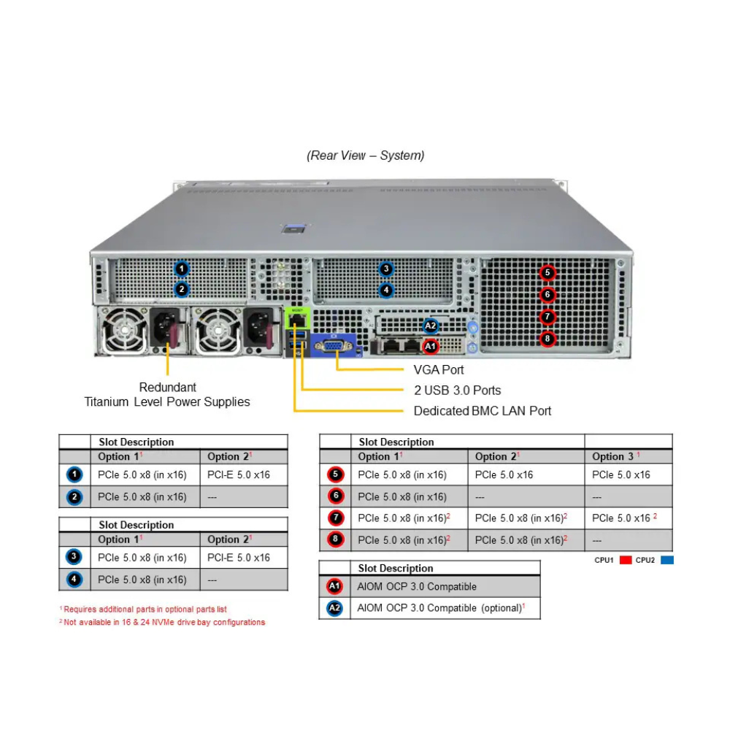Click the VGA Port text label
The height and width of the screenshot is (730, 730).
[x=439, y=369]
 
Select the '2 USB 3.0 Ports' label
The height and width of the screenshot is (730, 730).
[x=457, y=390]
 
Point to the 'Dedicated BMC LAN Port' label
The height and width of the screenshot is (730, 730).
[x=483, y=411]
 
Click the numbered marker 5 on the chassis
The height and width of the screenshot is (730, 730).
[x=547, y=273]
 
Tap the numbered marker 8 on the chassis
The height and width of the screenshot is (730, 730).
[x=547, y=339]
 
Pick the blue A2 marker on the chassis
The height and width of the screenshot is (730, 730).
[x=431, y=326]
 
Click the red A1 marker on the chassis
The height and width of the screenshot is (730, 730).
[x=431, y=345]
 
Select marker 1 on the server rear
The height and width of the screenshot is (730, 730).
[x=182, y=269]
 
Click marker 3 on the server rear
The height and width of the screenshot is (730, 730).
[x=386, y=269]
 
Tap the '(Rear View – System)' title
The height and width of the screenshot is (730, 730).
[x=365, y=155]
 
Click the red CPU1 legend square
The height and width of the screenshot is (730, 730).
[x=625, y=560]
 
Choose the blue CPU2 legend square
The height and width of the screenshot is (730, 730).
[x=666, y=560]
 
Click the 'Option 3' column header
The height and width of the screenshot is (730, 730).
[x=615, y=456]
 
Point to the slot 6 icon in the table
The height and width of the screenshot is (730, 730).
[x=335, y=496]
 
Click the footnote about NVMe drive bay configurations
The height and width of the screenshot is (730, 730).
[x=163, y=622]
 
